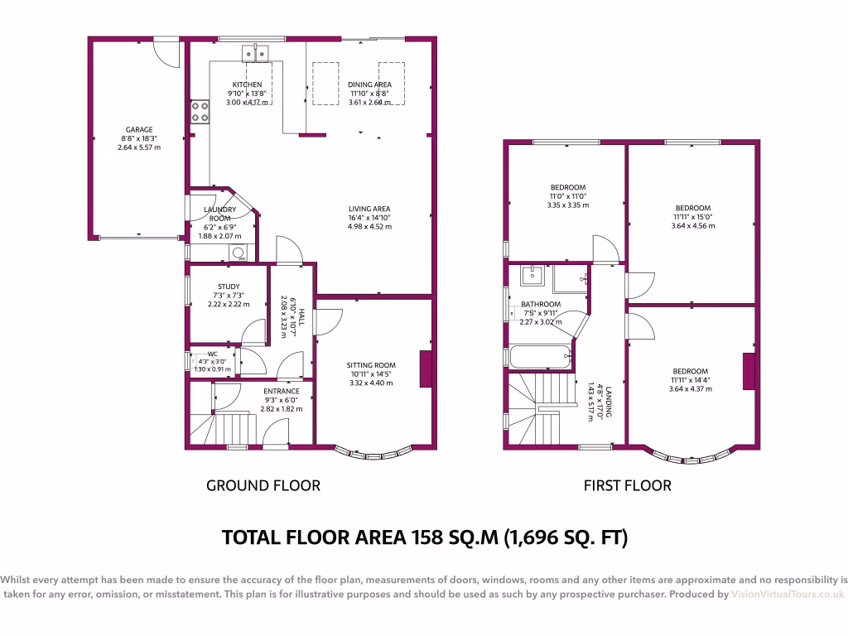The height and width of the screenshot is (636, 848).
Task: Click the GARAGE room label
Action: point(139,129)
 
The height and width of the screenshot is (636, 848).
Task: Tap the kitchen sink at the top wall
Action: point(255,54)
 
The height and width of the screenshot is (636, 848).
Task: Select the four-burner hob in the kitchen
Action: point(200,111)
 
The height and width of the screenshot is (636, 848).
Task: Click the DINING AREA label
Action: point(369,84)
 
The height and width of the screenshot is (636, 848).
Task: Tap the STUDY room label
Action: point(229,287)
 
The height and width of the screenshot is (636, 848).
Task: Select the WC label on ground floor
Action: point(212,354)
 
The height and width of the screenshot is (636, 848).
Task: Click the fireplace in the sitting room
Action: point(426,369)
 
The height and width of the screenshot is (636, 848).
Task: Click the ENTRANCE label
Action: point(282,392)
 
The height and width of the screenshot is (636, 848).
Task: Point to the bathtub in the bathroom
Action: point(540,358)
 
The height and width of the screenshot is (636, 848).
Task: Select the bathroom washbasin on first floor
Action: point(531,275)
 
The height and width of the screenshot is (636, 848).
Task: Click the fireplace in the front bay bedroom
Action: point(749,372)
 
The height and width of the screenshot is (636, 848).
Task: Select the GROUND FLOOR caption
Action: point(263,485)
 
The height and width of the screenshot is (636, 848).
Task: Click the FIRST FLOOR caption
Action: point(627,485)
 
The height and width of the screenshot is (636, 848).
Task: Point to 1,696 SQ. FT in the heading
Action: point(565,538)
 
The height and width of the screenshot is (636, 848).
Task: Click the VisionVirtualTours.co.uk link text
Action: point(788,595)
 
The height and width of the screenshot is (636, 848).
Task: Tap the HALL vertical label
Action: point(302,317)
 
